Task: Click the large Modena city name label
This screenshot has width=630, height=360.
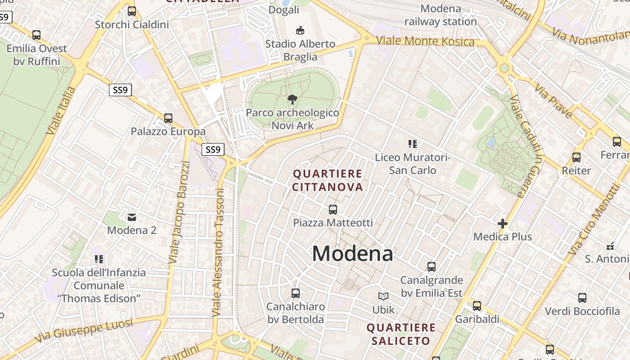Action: pyautogui.click(x=352, y=254)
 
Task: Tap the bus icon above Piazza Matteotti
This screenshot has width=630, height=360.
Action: pyautogui.click(x=333, y=210)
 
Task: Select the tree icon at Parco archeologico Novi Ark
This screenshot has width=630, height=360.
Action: pyautogui.click(x=292, y=99)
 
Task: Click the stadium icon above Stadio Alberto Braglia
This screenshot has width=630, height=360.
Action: pyautogui.click(x=300, y=31)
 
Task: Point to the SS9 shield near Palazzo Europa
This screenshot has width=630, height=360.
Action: pyautogui.click(x=120, y=90)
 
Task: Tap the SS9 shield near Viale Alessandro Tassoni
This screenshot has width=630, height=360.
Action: pyautogui.click(x=213, y=149)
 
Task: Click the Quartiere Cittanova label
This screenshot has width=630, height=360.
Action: pyautogui.click(x=328, y=180)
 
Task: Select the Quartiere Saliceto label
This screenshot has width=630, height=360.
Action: pyautogui.click(x=401, y=334)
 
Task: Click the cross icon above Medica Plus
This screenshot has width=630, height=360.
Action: pyautogui.click(x=503, y=224)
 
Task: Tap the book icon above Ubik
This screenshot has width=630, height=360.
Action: pyautogui.click(x=383, y=297)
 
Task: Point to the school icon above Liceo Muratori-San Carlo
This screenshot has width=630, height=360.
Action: pyautogui.click(x=413, y=144)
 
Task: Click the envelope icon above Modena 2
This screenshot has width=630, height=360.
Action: pyautogui.click(x=132, y=217)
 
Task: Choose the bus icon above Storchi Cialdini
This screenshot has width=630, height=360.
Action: pyautogui.click(x=132, y=11)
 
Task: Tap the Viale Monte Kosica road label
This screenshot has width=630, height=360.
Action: pyautogui.click(x=425, y=41)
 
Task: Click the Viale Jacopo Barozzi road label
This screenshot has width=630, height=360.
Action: pyautogui.click(x=179, y=212)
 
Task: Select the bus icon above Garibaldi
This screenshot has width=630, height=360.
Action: pyautogui.click(x=477, y=306)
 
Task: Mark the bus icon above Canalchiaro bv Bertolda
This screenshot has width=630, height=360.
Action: pyautogui.click(x=296, y=293)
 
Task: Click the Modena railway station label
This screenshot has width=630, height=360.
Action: pyautogui.click(x=441, y=15)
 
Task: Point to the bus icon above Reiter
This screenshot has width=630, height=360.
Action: pyautogui.click(x=576, y=157)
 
